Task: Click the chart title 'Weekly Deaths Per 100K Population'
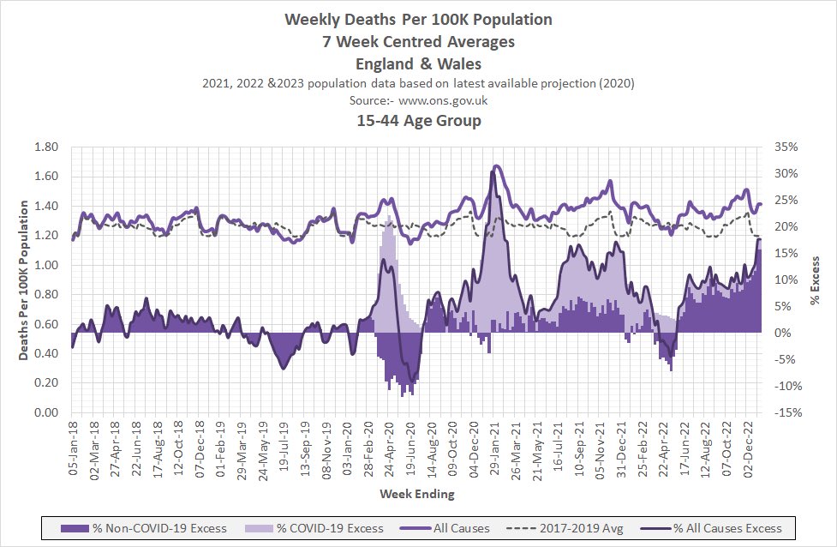[x=418, y=19]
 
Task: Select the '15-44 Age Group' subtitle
[x=418, y=121]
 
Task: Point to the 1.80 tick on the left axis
[x=44, y=147]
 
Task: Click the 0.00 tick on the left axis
[x=44, y=413]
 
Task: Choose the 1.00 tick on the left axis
[x=44, y=266]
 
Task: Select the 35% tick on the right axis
[x=787, y=147]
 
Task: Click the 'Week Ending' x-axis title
[x=417, y=495]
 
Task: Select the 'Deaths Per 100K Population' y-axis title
[x=24, y=280]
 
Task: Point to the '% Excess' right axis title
[x=816, y=280]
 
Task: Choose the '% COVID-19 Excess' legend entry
[x=321, y=528]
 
